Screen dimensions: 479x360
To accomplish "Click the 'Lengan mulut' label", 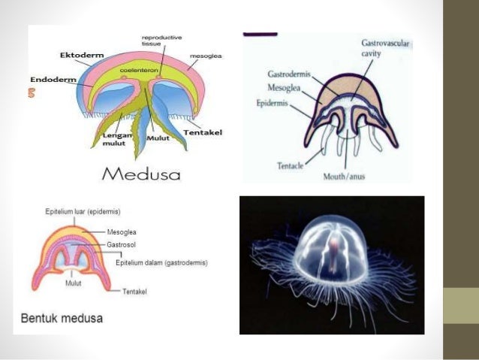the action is click(x=115, y=137).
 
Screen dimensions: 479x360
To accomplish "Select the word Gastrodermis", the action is click(x=289, y=74).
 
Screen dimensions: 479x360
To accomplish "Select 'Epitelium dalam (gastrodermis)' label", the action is click(x=162, y=263).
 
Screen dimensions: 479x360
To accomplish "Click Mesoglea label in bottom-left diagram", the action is click(x=122, y=232).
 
